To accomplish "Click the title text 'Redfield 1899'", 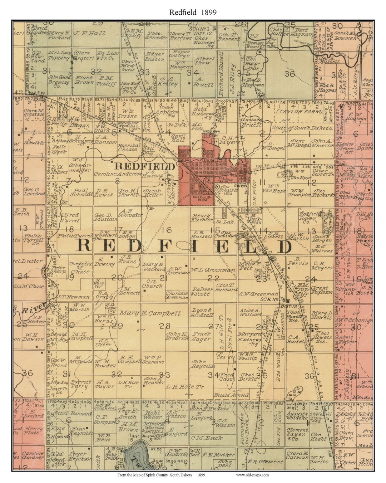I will pos(193,12).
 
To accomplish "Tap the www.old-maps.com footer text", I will pos(252,475).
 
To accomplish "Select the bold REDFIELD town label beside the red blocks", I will pos(145,166).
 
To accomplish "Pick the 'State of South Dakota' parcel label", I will pos(302,128).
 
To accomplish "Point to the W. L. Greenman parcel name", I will pos(213,270).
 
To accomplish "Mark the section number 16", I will pos(167,230).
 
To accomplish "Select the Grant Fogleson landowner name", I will pos(322,290).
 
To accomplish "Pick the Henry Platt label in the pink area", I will pos(34,430).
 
